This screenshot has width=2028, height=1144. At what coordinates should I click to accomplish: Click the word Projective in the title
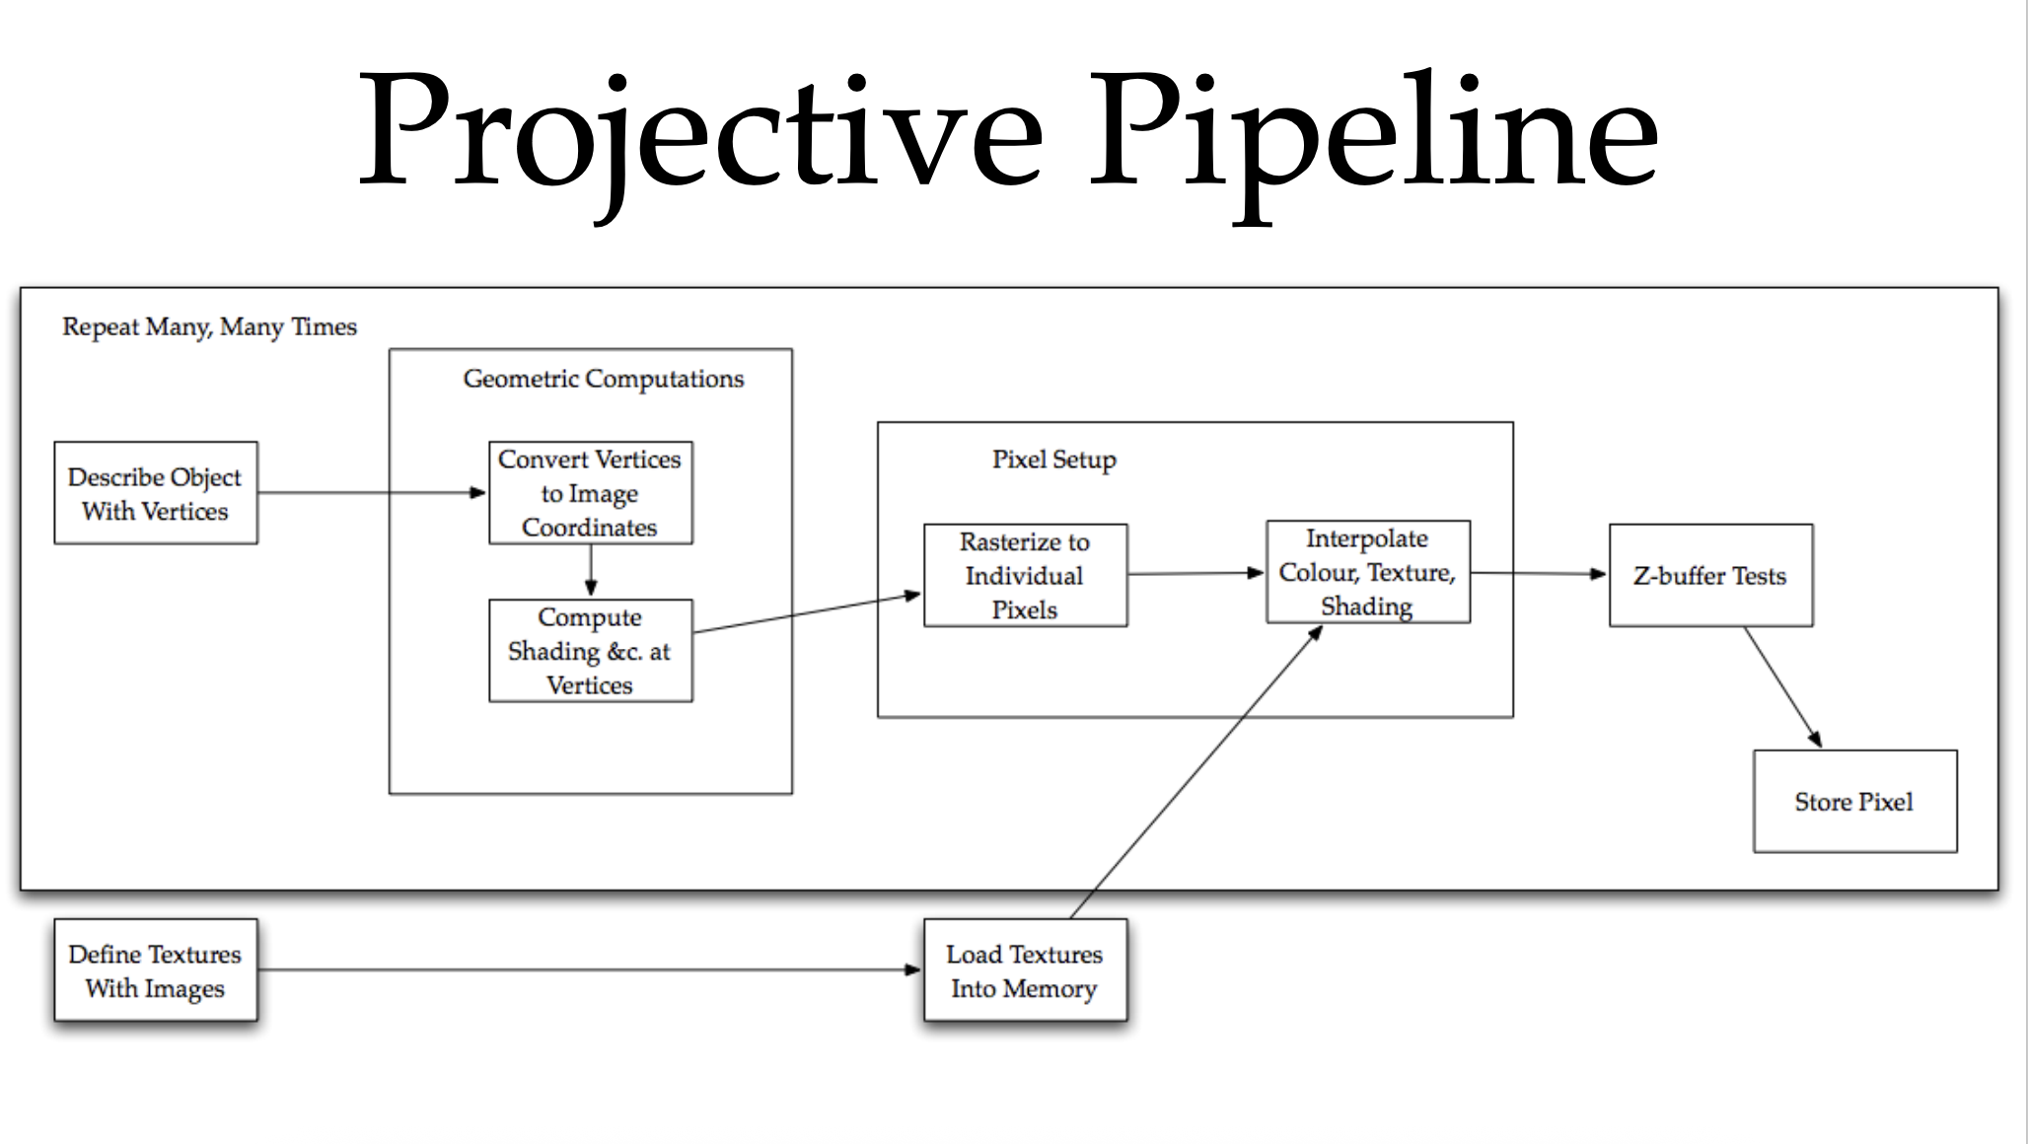tap(700, 133)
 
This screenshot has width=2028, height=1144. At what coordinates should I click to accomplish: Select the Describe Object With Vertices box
tap(156, 493)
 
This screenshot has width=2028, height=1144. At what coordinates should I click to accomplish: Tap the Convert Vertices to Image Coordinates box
tap(590, 493)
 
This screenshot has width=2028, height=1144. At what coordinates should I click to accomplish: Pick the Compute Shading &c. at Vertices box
tap(590, 651)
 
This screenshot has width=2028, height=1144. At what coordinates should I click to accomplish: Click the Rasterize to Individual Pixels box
tap(1025, 575)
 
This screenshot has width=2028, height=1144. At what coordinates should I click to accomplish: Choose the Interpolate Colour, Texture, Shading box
tap(1367, 572)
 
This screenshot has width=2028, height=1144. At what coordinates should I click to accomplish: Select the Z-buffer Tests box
tap(1710, 575)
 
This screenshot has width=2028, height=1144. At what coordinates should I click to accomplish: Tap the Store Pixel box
tap(1854, 802)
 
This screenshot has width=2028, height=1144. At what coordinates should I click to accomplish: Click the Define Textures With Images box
tap(156, 970)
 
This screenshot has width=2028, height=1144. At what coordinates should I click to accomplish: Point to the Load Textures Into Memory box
tap(1025, 970)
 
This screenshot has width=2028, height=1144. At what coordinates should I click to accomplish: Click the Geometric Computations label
tap(604, 379)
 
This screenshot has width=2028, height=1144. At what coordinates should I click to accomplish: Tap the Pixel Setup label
tap(1053, 460)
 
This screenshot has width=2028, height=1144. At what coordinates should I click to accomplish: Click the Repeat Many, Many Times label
tap(209, 326)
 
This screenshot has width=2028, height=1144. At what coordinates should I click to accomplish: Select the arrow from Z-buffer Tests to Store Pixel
tap(1782, 687)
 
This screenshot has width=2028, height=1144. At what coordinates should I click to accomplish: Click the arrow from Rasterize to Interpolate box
tap(1195, 573)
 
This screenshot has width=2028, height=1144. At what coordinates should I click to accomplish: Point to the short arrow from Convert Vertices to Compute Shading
tap(590, 570)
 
